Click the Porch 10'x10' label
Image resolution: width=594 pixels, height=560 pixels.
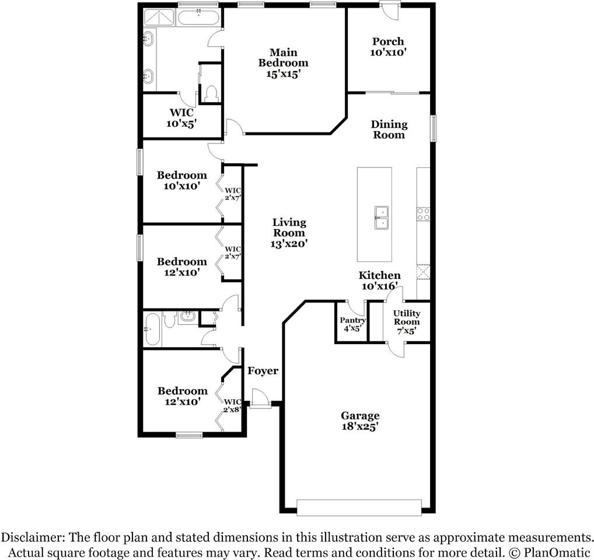click(x=388, y=47)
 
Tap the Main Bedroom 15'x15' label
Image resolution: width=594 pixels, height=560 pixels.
click(x=284, y=63)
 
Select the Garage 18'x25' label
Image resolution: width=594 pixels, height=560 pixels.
click(x=360, y=421)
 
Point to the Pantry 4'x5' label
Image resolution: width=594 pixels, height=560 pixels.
click(x=352, y=324)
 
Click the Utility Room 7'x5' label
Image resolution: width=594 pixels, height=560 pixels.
click(x=407, y=322)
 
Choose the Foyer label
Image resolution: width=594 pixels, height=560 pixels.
click(x=263, y=371)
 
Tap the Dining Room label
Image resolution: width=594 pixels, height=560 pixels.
click(x=389, y=129)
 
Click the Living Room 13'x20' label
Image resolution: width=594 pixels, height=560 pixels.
click(x=289, y=233)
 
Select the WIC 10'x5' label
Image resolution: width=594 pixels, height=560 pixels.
click(x=181, y=118)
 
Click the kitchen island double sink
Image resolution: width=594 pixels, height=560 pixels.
click(x=382, y=218)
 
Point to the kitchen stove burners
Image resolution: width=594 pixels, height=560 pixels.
click(x=424, y=214)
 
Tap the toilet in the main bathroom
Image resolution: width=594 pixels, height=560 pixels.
click(x=210, y=94)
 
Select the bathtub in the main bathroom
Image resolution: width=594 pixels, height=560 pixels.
click(x=198, y=18)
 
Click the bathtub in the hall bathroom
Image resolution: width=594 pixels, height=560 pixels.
click(x=152, y=328)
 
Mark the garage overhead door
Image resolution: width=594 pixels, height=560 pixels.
click(x=359, y=508)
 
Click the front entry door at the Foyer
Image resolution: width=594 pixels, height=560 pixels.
click(x=260, y=398)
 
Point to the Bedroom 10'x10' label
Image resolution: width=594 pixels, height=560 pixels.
click(x=182, y=181)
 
